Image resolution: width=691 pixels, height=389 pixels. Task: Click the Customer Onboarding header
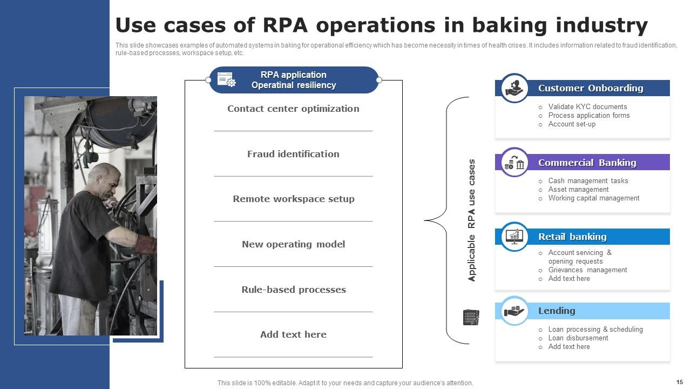point(590,88)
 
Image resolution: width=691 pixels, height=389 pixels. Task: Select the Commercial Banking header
point(587,163)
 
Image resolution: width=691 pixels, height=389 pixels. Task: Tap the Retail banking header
point(572,237)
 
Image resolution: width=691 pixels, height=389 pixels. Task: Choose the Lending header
point(556,311)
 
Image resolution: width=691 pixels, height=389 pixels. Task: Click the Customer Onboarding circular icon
point(514,88)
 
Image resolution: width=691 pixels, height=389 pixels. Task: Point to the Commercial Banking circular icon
point(514,163)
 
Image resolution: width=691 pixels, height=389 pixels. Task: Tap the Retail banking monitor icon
point(514,237)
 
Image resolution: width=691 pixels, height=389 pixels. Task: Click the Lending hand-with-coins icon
point(514,311)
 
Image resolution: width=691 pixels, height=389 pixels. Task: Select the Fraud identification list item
point(293,154)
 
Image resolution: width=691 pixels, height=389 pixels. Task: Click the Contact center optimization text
point(293,109)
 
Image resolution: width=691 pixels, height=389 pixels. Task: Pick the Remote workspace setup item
point(293,199)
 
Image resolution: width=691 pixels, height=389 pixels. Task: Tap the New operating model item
point(293,244)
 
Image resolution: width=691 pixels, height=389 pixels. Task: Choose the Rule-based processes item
point(293,290)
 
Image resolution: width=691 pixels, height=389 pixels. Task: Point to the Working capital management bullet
point(593,198)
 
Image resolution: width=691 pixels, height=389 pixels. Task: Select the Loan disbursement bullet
point(578,338)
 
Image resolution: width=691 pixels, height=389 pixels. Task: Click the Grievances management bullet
point(587,270)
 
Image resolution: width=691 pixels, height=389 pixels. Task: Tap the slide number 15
point(679,381)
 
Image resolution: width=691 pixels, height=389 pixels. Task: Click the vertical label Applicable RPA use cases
point(472,220)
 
